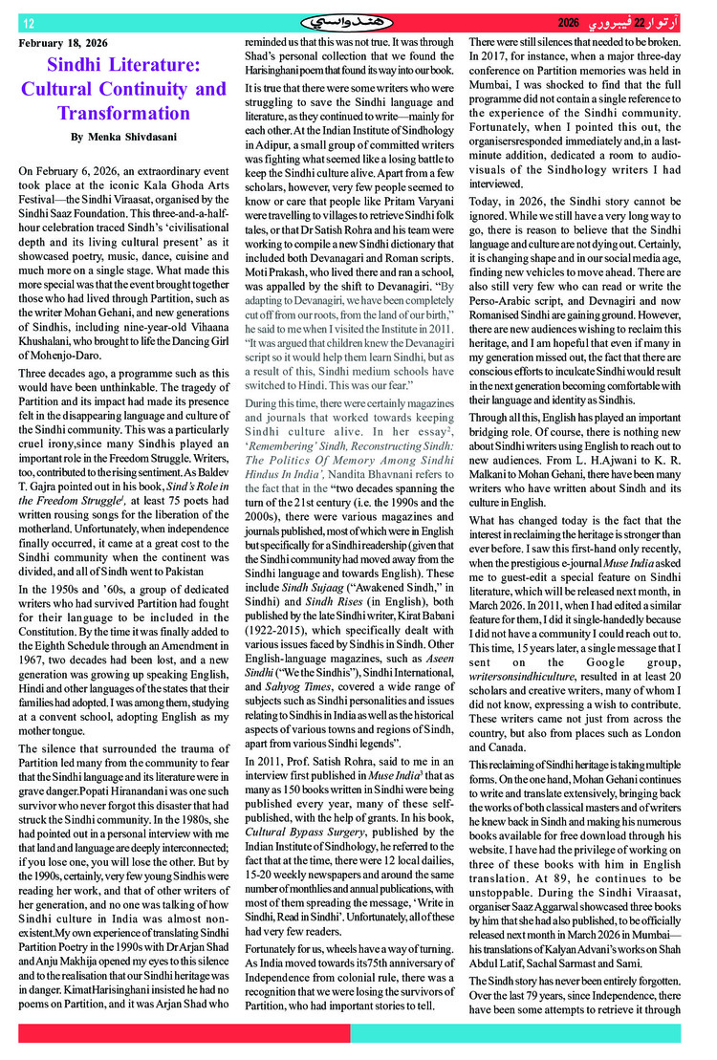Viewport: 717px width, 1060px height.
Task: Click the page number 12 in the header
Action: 28,23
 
